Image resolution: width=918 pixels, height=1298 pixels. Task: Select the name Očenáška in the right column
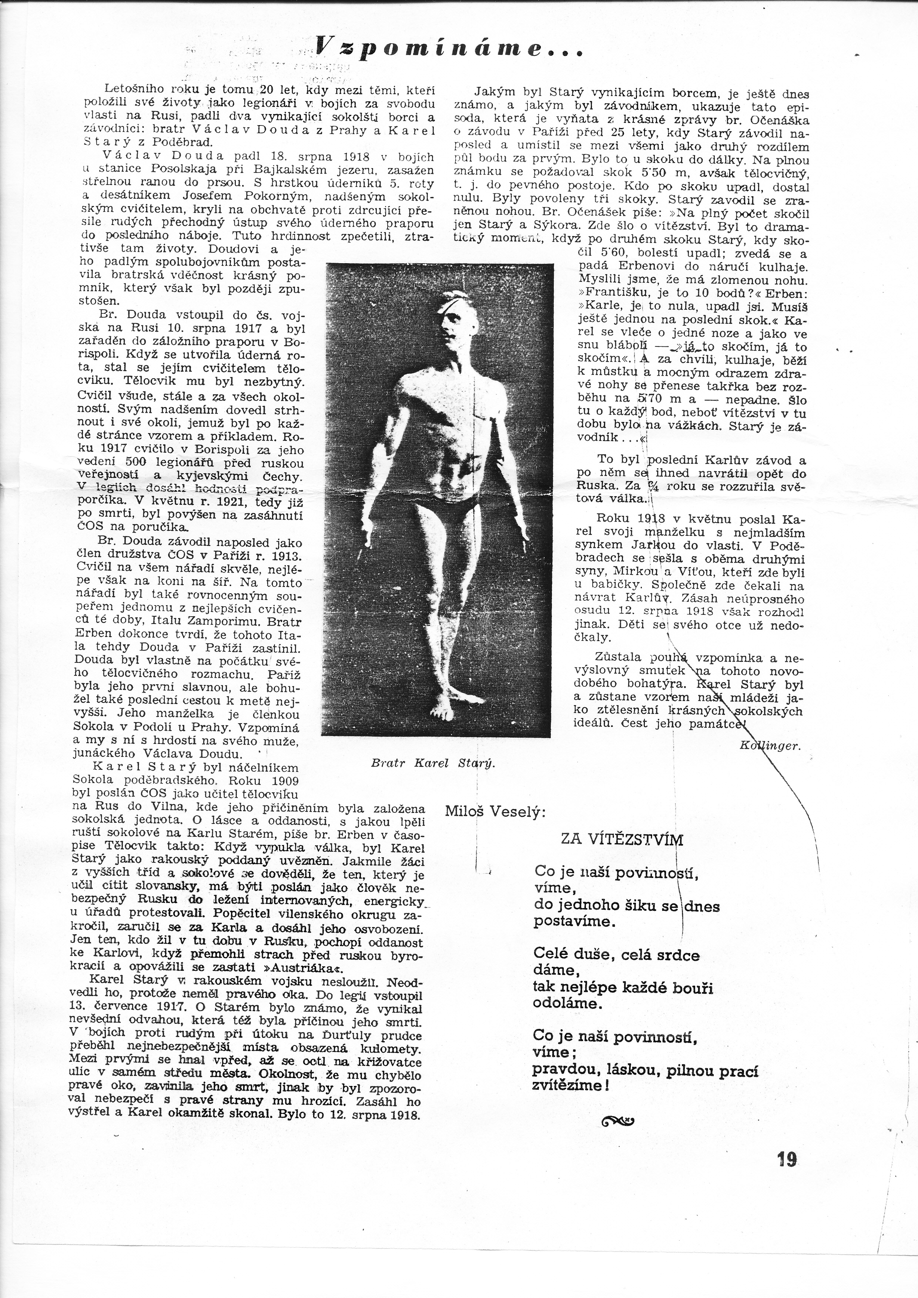pos(783,120)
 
